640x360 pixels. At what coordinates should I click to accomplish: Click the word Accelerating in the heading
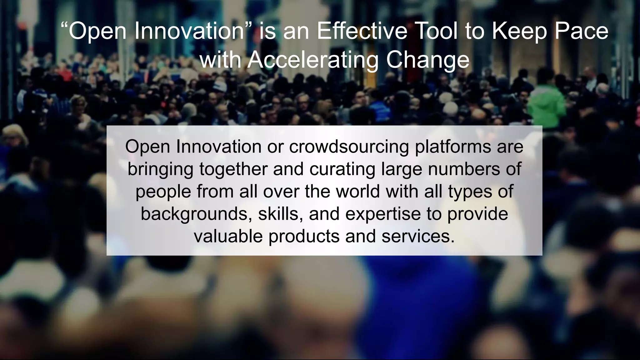click(x=313, y=59)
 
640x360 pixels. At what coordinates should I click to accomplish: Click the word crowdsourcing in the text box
click(x=349, y=147)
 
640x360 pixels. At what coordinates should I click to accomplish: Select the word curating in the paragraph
click(x=342, y=169)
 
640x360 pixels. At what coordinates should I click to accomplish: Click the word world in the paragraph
click(x=358, y=191)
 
